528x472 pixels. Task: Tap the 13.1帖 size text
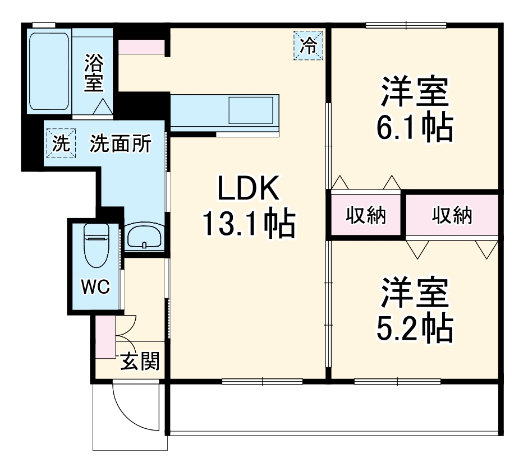249,224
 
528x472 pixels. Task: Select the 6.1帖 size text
414,128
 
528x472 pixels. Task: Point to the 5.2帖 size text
414,329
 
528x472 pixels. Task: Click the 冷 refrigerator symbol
308,45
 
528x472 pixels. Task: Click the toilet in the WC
95,244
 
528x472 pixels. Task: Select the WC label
95,287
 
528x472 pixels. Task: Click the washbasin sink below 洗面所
145,236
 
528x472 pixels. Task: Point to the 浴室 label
94,73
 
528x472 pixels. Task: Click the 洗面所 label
121,144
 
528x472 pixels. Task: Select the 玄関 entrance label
140,362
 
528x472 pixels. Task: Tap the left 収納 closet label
366,215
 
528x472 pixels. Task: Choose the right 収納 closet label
452,215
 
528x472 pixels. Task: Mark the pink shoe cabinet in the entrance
104,337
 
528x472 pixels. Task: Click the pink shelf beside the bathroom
141,47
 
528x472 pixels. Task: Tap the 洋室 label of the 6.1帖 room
414,92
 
